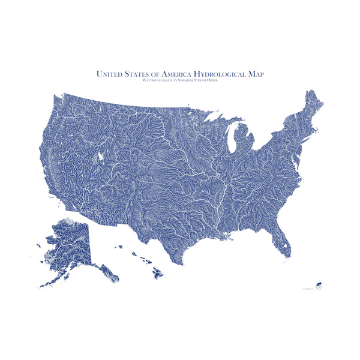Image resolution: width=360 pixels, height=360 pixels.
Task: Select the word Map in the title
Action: (254, 73)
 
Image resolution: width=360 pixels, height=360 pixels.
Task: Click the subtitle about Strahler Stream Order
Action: (180, 80)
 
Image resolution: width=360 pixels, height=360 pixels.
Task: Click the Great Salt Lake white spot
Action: (101, 157)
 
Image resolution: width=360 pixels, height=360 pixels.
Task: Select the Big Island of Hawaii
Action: (157, 273)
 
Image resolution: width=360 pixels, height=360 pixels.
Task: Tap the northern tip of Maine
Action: (311, 92)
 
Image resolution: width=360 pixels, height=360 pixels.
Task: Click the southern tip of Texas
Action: (181, 265)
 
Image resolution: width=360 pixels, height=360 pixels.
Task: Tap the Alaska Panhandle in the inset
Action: (108, 273)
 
